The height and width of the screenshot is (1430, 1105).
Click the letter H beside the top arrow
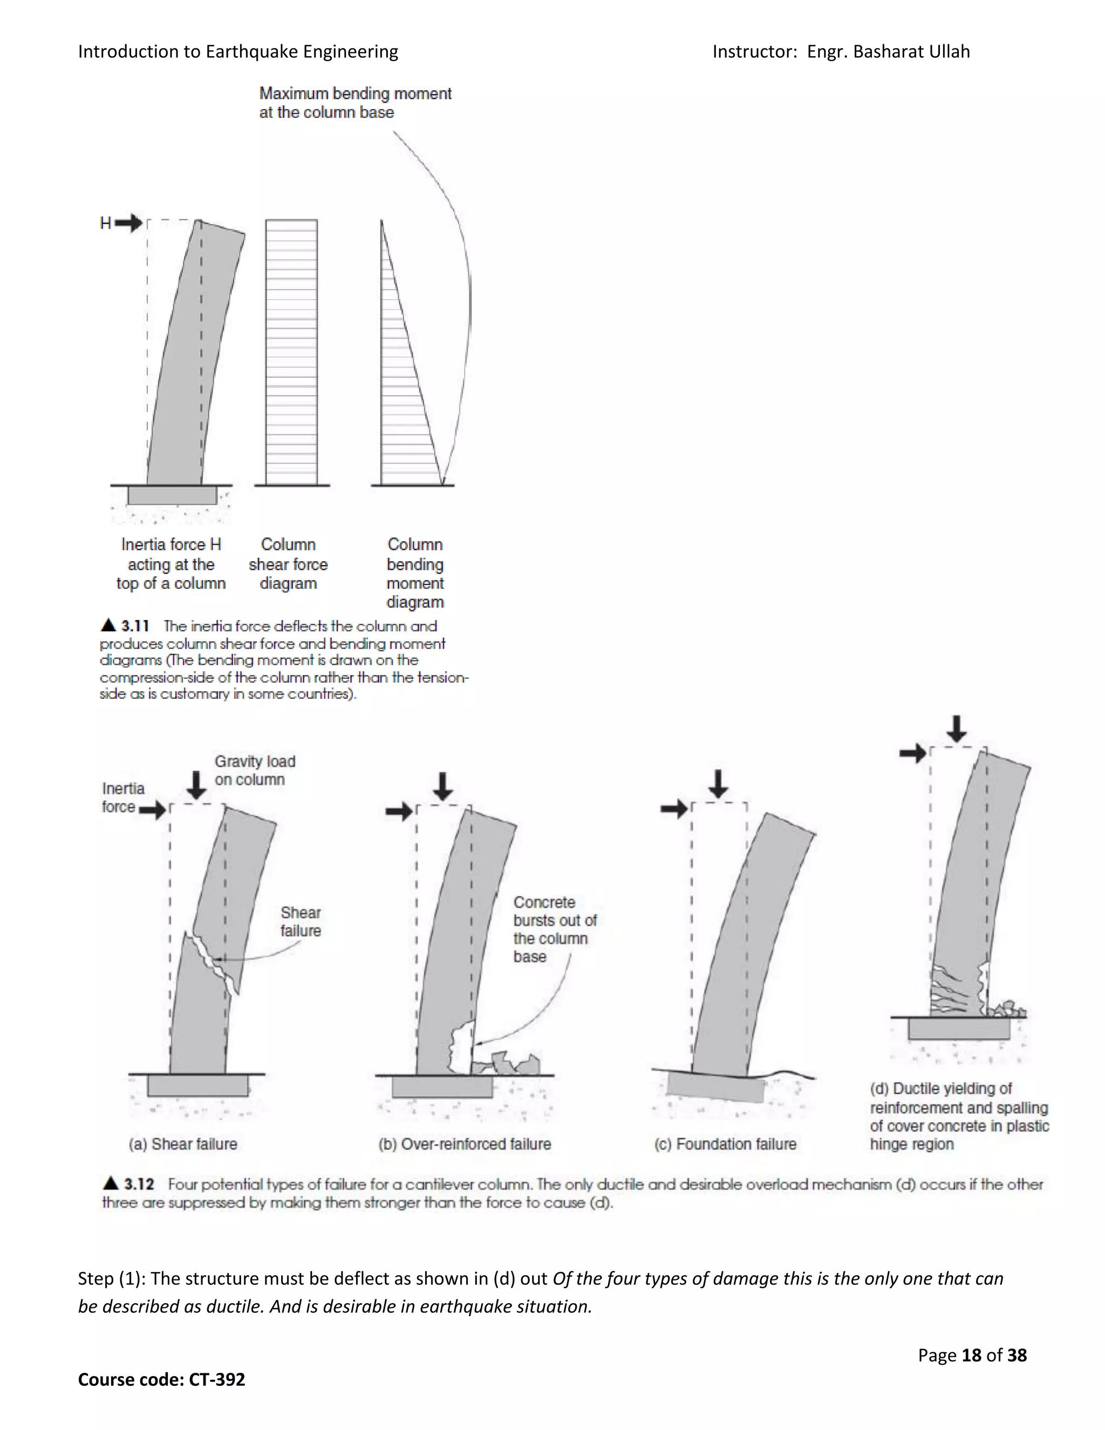(x=105, y=224)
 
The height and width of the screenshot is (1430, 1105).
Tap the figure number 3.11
(x=135, y=626)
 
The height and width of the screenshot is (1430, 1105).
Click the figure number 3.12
(x=138, y=1184)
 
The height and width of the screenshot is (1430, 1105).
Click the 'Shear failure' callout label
(x=301, y=921)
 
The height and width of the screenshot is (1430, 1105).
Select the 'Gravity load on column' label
(x=254, y=770)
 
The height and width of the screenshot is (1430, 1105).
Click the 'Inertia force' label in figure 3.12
(x=122, y=798)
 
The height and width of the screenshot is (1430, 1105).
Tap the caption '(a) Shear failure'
(x=183, y=1144)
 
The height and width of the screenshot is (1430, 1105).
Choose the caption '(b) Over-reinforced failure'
(x=464, y=1144)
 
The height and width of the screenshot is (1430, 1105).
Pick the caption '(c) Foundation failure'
(x=725, y=1144)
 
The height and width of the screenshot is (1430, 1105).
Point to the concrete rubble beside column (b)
(x=514, y=1064)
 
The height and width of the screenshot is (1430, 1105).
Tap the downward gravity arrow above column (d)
(x=957, y=728)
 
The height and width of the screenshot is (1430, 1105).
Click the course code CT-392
(x=217, y=1379)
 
